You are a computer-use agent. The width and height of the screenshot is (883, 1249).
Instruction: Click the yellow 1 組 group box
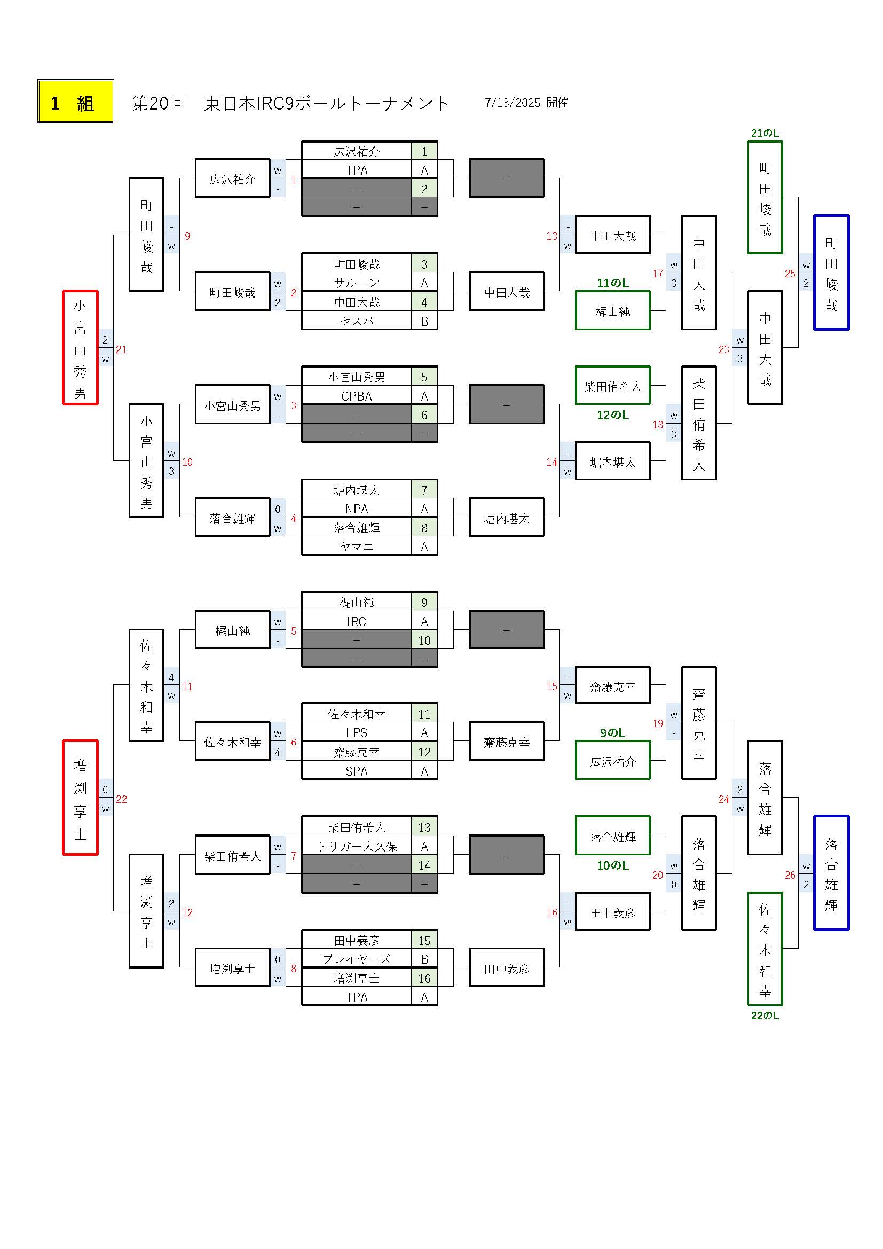pos(76,101)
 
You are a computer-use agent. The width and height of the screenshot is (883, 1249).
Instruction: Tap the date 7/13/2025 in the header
pos(512,103)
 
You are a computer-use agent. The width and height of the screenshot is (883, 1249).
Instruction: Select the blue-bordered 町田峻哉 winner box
pos(831,272)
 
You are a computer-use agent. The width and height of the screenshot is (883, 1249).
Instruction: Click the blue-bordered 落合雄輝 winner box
pos(831,872)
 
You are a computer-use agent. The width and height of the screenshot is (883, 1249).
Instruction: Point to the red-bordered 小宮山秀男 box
pos(81,348)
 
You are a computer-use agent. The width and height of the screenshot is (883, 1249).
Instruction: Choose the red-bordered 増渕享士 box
pos(81,798)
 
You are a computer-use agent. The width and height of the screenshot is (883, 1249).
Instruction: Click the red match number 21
pos(121,350)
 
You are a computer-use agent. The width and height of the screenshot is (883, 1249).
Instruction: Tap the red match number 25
pos(790,274)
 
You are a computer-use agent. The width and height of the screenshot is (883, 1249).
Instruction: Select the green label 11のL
pos(613,284)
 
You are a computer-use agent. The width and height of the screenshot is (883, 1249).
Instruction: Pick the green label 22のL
pos(765,1016)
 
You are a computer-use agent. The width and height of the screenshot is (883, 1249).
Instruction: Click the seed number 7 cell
pos(424,490)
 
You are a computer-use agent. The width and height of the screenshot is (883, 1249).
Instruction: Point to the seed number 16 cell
pos(424,979)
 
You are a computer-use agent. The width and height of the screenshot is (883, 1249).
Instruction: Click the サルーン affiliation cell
pos(357,283)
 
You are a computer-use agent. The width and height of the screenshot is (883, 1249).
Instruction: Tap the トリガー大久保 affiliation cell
pos(357,846)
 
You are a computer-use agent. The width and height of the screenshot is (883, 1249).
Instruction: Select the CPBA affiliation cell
pos(357,396)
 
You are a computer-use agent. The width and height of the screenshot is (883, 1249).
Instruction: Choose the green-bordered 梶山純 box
pos(613,310)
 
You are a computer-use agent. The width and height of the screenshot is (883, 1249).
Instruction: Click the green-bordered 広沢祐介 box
pos(613,761)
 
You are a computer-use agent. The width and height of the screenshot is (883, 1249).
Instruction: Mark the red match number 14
pos(552,463)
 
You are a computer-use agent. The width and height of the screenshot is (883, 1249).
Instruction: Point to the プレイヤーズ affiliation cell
pos(357,959)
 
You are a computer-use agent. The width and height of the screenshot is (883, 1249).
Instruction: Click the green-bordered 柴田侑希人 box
pos(613,386)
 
